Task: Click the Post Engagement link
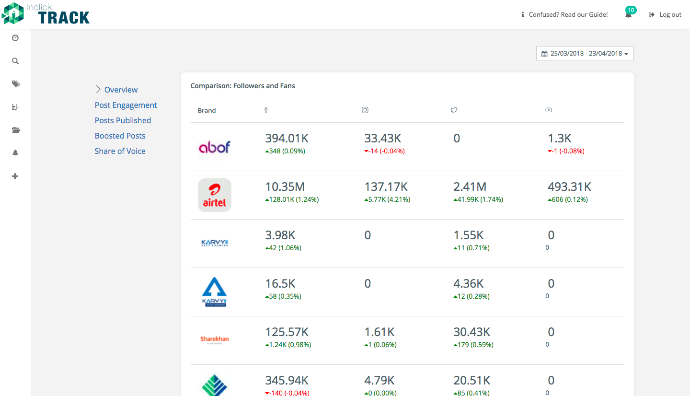coord(126,105)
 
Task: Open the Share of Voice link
coord(120,151)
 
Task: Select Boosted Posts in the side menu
coord(120,136)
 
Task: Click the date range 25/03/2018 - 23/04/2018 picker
coord(585,53)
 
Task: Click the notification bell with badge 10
coord(629,13)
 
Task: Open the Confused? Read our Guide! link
coord(564,14)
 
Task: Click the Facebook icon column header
coord(266,110)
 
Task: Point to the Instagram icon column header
coord(365,110)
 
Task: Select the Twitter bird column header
coord(454,110)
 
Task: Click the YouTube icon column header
coord(549,110)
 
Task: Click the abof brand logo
coord(214,147)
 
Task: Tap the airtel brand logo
coord(214,195)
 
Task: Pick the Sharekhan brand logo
coord(215,339)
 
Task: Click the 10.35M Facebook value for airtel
coord(285,187)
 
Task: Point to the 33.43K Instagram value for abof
coord(382,139)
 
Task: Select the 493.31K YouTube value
coord(569,187)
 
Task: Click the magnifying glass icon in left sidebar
coord(15,61)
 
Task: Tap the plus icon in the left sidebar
coord(15,176)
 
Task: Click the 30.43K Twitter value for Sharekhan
coord(471,332)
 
